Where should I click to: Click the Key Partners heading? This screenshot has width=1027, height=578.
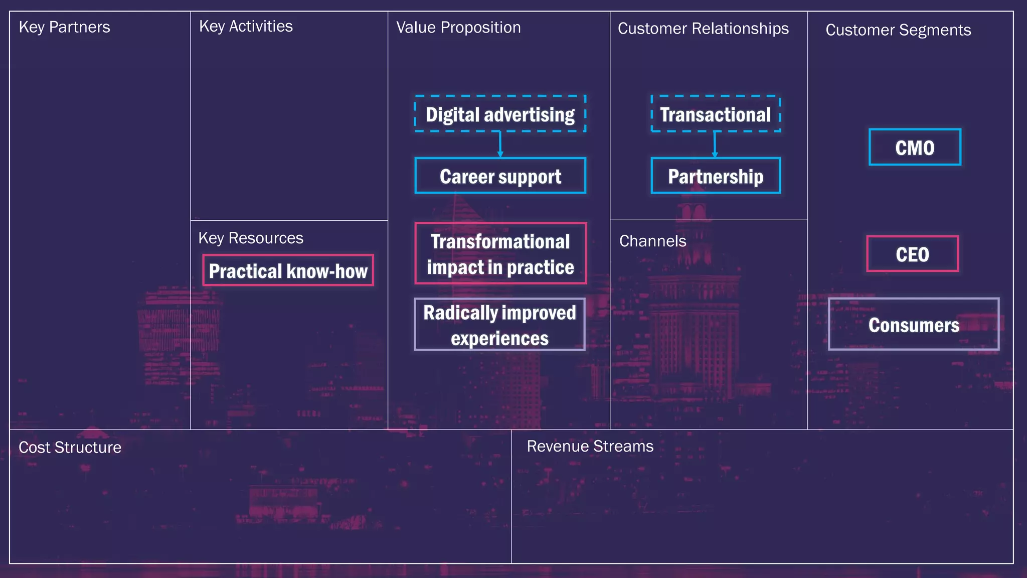(x=64, y=27)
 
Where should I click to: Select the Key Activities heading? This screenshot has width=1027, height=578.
(x=246, y=27)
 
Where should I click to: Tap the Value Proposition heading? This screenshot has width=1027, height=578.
(x=458, y=28)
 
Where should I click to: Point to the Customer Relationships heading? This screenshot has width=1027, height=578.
(x=703, y=29)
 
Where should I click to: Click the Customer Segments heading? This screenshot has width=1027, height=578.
(x=898, y=30)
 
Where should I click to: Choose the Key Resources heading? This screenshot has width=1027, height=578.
(x=251, y=238)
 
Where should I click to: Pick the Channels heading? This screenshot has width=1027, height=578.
(x=652, y=241)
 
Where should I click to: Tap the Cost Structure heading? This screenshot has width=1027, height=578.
(x=70, y=448)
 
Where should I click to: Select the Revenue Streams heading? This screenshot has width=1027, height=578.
(x=590, y=447)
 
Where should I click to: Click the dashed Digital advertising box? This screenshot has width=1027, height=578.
(x=500, y=114)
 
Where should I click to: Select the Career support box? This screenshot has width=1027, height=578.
(x=500, y=176)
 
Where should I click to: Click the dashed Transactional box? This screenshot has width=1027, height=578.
(x=716, y=114)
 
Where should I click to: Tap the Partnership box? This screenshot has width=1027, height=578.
(x=716, y=176)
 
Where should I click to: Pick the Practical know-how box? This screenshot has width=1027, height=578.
(x=288, y=271)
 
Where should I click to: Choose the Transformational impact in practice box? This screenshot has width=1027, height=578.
(x=500, y=254)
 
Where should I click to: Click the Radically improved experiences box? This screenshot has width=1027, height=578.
(x=499, y=325)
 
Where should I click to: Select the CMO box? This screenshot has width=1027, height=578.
(x=915, y=148)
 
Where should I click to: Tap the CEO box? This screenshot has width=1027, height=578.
(x=912, y=254)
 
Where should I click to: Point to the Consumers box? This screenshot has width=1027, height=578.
(x=913, y=325)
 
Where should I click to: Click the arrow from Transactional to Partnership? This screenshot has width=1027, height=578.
(x=715, y=145)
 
